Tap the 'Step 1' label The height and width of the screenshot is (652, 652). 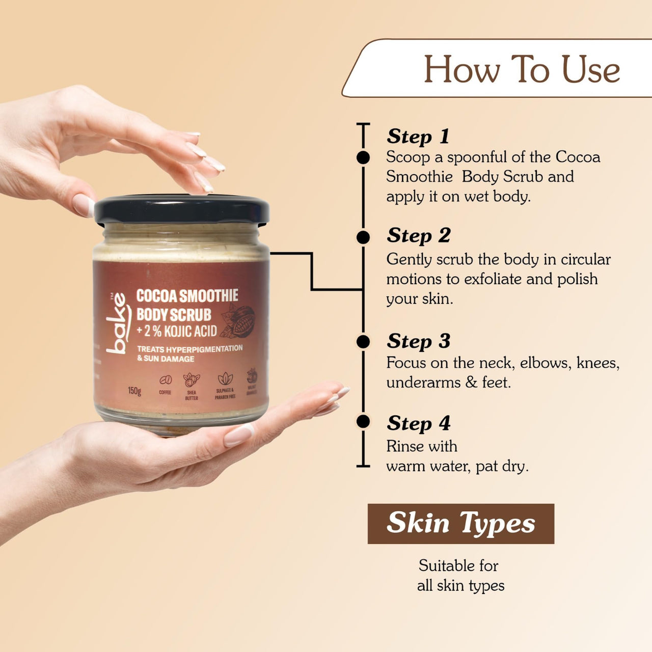click(x=418, y=136)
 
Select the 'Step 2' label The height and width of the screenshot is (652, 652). click(x=419, y=235)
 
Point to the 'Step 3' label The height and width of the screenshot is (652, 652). click(x=419, y=341)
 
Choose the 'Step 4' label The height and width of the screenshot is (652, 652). click(x=419, y=423)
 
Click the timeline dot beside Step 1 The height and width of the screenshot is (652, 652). click(x=363, y=157)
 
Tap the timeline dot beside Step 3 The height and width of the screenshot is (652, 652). click(x=363, y=341)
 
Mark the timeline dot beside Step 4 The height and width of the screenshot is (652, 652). click(x=363, y=421)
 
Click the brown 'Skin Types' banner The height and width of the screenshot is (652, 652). click(x=460, y=524)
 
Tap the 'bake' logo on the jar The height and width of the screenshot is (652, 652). click(x=117, y=323)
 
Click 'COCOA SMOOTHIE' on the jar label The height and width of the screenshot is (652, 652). click(x=187, y=295)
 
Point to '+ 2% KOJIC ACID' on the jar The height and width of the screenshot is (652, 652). click(x=177, y=331)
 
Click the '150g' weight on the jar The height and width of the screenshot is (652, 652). click(x=134, y=391)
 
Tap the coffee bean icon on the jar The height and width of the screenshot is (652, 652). click(x=165, y=380)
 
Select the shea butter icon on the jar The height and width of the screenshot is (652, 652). click(x=191, y=379)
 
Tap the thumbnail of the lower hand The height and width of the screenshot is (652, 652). click(x=238, y=435)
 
